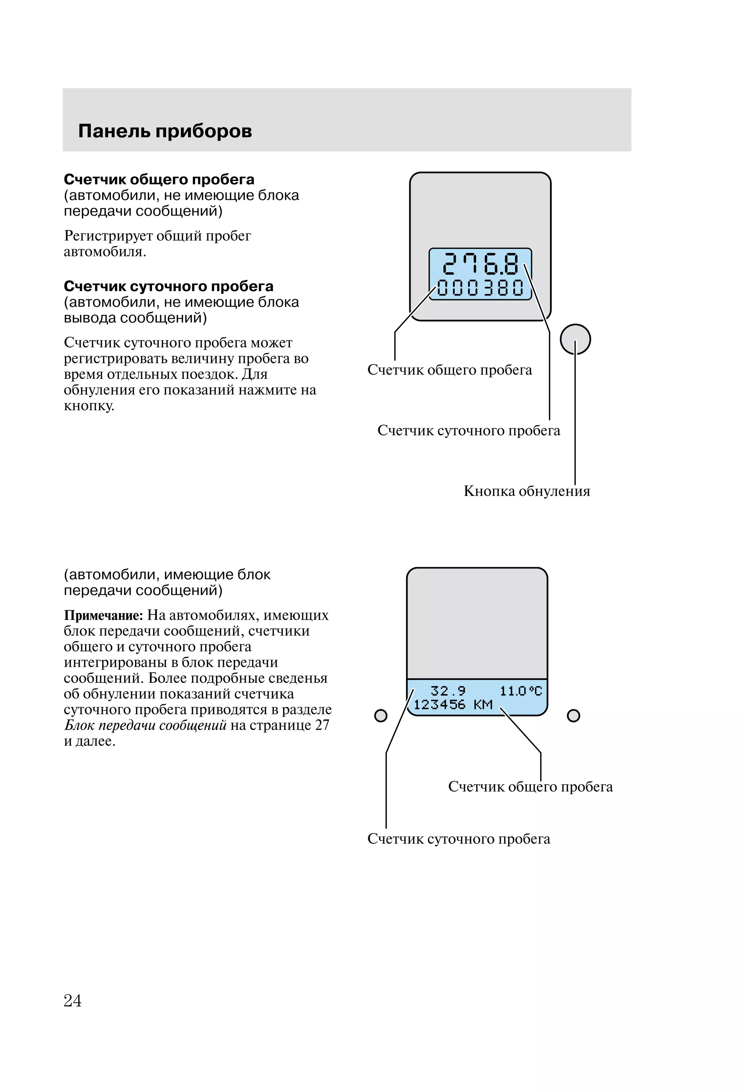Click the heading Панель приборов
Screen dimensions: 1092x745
point(165,131)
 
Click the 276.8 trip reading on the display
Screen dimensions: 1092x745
point(481,264)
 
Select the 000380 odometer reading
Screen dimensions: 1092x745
point(481,288)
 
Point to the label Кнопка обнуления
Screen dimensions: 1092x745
point(526,491)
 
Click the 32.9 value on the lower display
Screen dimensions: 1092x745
point(448,691)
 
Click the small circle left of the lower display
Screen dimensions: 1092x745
point(381,716)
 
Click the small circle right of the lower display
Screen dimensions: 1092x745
point(573,716)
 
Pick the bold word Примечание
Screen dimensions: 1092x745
point(103,615)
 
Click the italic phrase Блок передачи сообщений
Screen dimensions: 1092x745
point(145,725)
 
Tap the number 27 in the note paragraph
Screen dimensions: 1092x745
point(322,725)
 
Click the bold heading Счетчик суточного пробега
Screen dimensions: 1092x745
point(168,286)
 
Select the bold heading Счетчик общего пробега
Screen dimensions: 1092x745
point(159,179)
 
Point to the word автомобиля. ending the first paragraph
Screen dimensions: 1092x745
point(105,252)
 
